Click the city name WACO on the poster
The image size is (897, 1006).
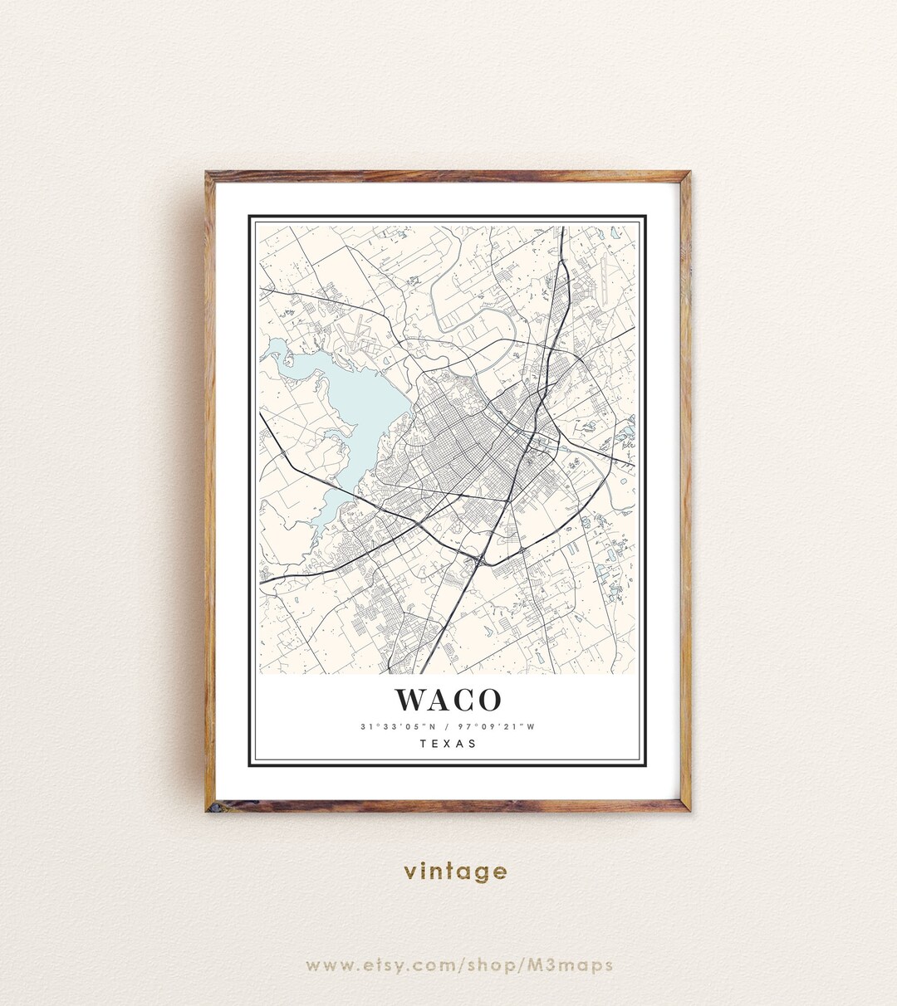click(448, 700)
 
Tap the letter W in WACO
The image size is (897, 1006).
click(412, 700)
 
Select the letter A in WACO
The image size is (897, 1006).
click(441, 700)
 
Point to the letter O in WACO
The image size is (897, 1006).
click(489, 700)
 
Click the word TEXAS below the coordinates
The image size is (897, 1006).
click(448, 744)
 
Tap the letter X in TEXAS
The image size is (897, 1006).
click(448, 744)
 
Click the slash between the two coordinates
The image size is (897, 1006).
click(446, 727)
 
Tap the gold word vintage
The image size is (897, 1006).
click(455, 872)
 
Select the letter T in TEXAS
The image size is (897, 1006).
click(423, 744)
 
